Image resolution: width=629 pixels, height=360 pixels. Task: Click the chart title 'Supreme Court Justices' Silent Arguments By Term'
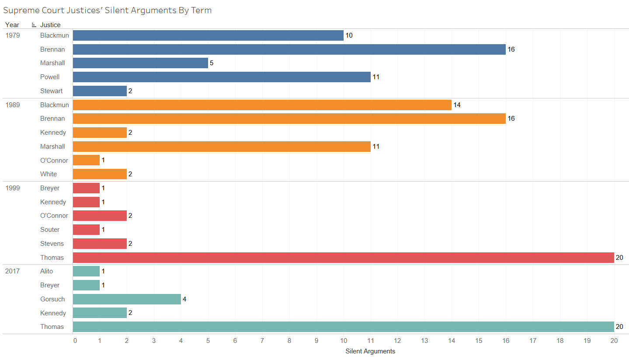pyautogui.click(x=107, y=10)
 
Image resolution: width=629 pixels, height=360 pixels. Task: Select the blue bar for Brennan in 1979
pyautogui.click(x=289, y=49)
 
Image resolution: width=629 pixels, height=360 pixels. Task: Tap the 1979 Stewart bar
pyautogui.click(x=100, y=91)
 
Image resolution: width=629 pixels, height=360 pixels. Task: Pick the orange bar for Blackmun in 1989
pyautogui.click(x=262, y=105)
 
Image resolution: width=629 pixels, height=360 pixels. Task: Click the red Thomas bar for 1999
pyautogui.click(x=343, y=258)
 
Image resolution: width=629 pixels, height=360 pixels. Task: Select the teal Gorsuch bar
pyautogui.click(x=127, y=299)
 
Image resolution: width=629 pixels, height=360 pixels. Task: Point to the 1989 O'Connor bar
pyautogui.click(x=86, y=161)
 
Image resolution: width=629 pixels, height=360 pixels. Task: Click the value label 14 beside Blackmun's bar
pyautogui.click(x=457, y=105)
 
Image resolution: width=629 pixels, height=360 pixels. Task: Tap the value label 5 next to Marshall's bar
pyautogui.click(x=212, y=63)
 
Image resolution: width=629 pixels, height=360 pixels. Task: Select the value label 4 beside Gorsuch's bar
pyautogui.click(x=184, y=299)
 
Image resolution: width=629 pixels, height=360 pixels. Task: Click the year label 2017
pyautogui.click(x=12, y=271)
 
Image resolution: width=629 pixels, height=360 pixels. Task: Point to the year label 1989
pyautogui.click(x=12, y=105)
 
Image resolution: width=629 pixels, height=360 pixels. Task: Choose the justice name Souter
pyautogui.click(x=50, y=230)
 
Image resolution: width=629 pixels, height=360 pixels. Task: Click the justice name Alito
pyautogui.click(x=46, y=271)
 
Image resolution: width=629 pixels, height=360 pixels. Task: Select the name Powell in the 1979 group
pyautogui.click(x=50, y=77)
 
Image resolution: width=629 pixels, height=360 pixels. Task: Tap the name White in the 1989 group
pyautogui.click(x=49, y=174)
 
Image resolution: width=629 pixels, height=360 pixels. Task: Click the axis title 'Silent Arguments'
pyautogui.click(x=370, y=351)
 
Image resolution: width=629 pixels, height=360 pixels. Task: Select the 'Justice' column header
pyautogui.click(x=50, y=25)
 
